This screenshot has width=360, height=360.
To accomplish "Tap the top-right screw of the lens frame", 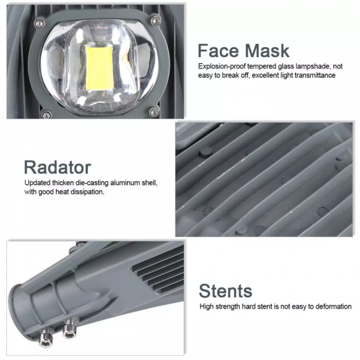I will pyautogui.click(x=155, y=20).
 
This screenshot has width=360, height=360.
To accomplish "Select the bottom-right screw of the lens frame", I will pyautogui.click(x=153, y=111).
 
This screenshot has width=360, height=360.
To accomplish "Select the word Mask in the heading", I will pyautogui.click(x=267, y=51).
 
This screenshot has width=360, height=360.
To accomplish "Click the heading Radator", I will pyautogui.click(x=57, y=167).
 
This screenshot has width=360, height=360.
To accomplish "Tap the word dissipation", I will pyautogui.click(x=87, y=192).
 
